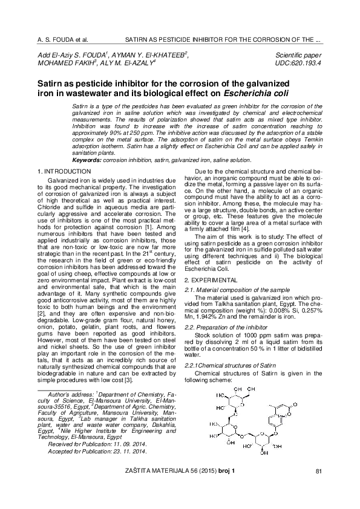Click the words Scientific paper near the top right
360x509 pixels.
click(x=297, y=55)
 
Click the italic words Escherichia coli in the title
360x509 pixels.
click(x=257, y=93)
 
